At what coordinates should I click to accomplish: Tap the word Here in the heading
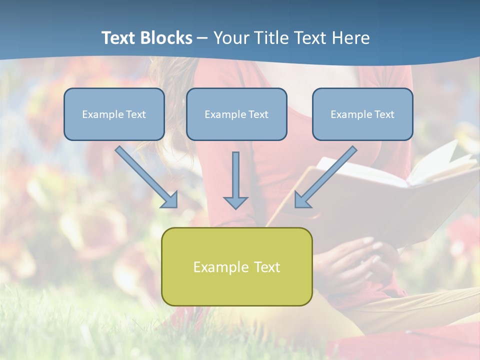[x=349, y=38]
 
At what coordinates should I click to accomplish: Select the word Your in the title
[x=231, y=38]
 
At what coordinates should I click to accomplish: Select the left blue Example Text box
[x=114, y=114]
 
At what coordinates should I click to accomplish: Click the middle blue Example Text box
[x=236, y=114]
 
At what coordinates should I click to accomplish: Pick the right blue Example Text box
[x=362, y=114]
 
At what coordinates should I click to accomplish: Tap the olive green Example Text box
[x=236, y=266]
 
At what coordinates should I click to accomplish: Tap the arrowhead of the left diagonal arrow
[x=170, y=200]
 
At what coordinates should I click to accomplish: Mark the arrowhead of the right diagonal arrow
[x=301, y=200]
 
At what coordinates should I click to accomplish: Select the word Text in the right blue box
[x=384, y=114]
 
